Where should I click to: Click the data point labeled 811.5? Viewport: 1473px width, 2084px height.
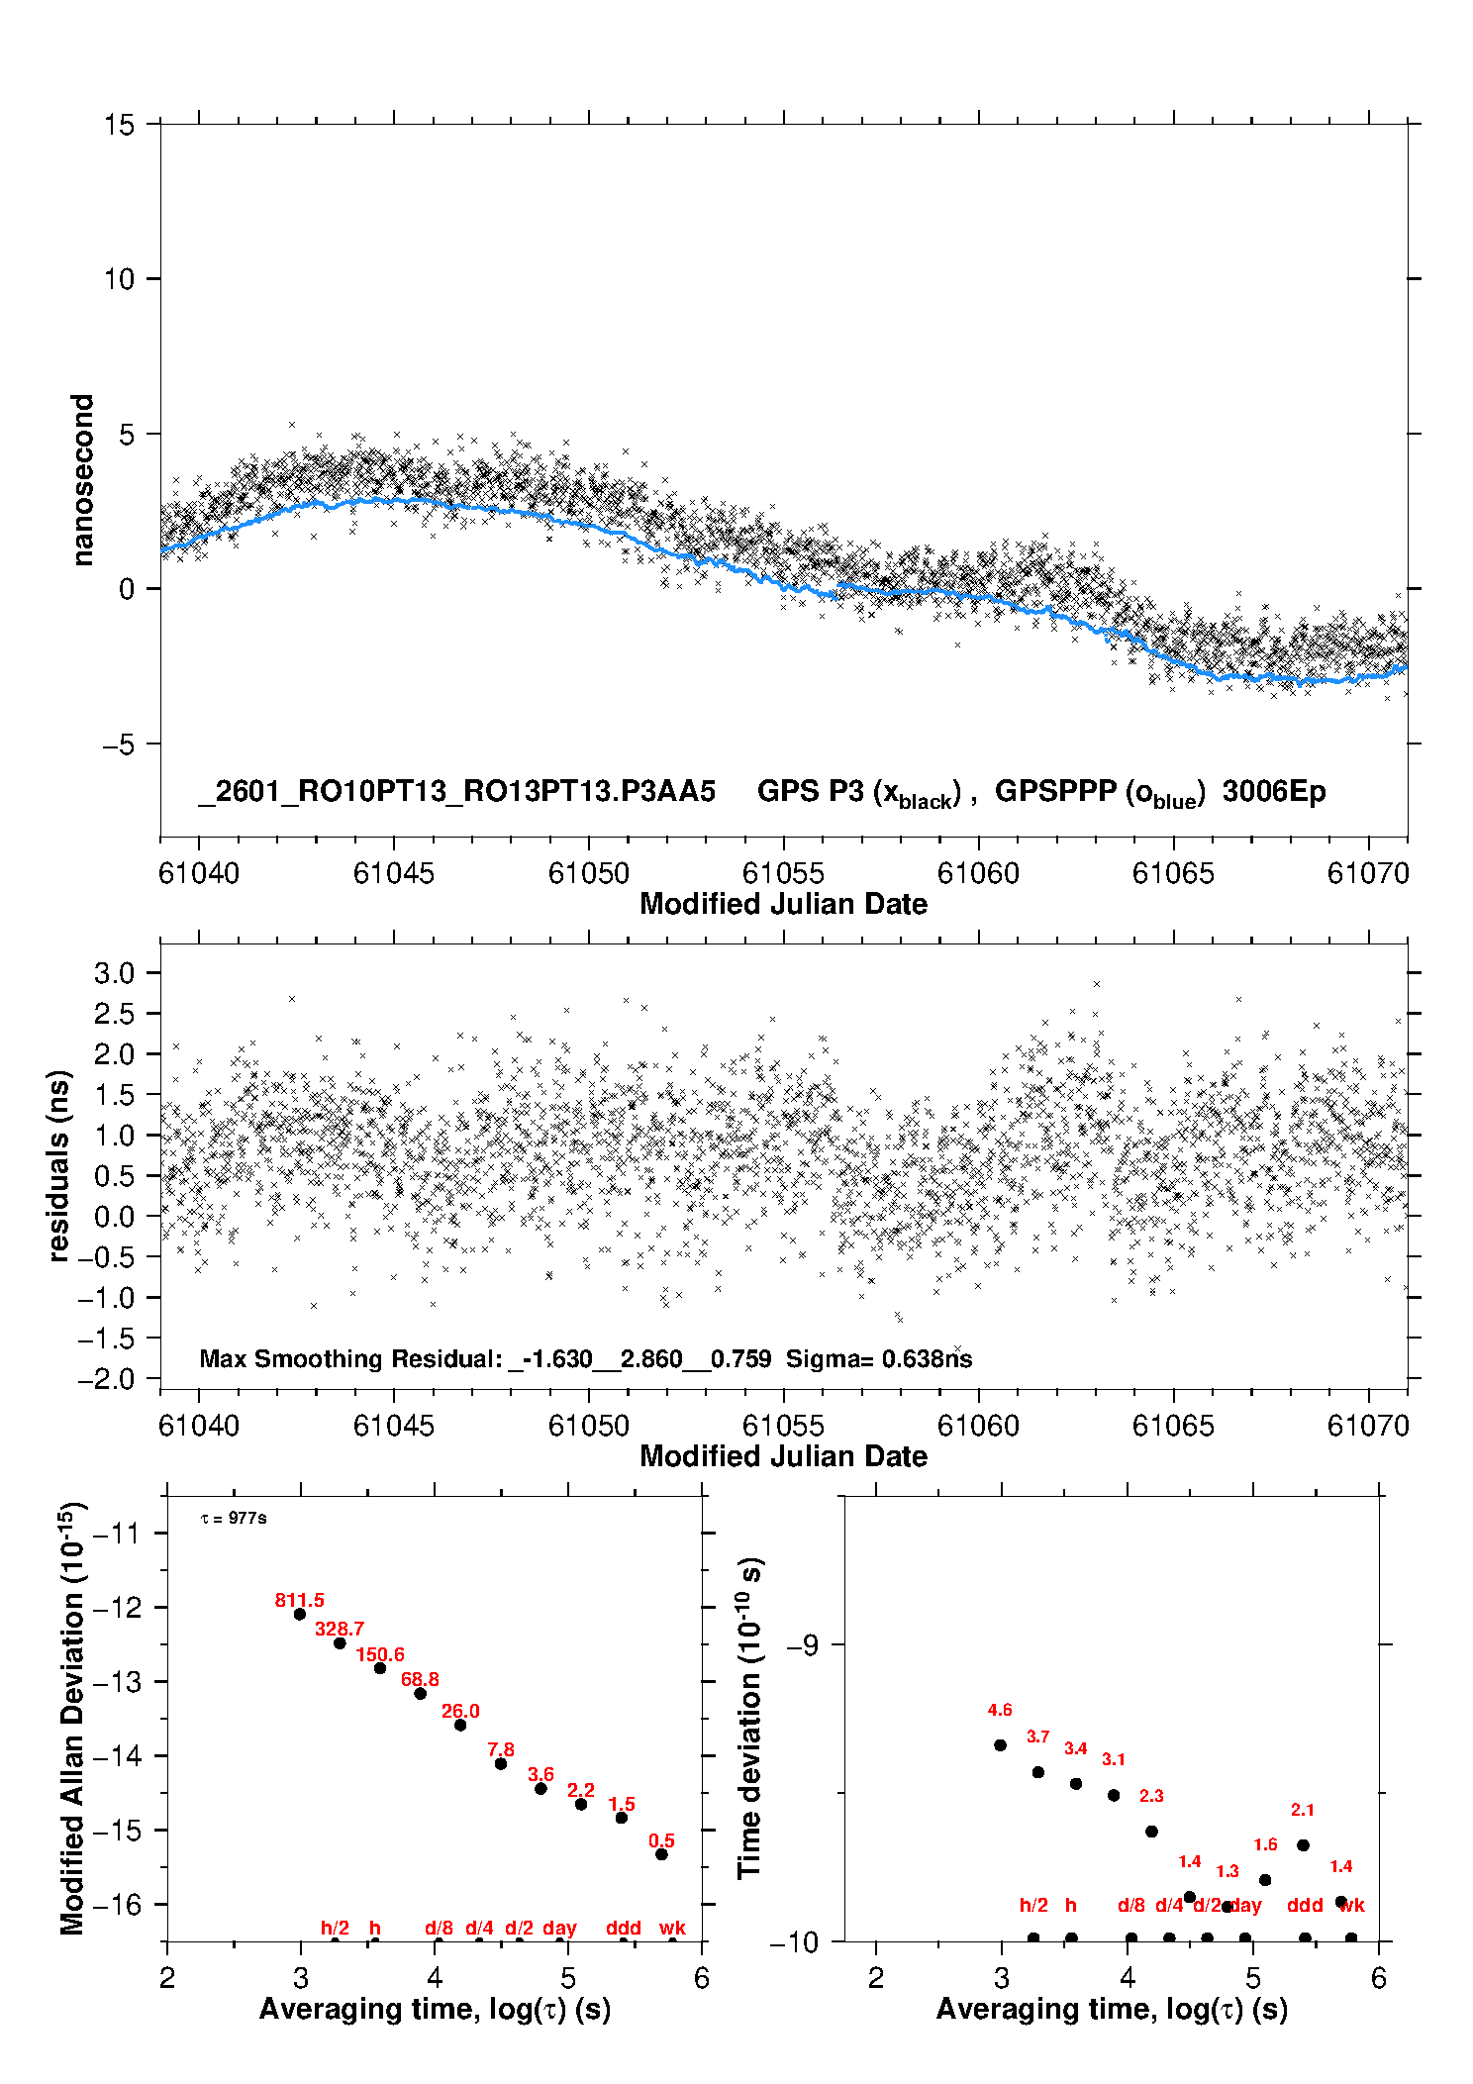(300, 1614)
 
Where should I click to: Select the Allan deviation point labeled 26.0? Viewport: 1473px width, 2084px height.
(460, 1725)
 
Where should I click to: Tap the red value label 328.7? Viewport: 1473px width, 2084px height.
(340, 1629)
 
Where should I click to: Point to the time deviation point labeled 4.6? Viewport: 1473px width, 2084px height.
(1000, 1744)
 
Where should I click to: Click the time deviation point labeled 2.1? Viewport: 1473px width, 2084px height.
(1303, 1844)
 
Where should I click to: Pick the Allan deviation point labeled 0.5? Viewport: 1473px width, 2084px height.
(661, 1854)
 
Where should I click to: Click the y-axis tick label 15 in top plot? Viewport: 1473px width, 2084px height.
(119, 125)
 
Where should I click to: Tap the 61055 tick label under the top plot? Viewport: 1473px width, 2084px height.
(783, 873)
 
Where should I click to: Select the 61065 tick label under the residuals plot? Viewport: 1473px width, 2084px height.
(1173, 1426)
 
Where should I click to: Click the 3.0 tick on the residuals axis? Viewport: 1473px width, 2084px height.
(115, 973)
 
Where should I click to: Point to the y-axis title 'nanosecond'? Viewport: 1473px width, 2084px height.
(83, 480)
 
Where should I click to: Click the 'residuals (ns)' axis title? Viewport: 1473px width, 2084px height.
(59, 1165)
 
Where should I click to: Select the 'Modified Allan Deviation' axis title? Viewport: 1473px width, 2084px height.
(72, 1718)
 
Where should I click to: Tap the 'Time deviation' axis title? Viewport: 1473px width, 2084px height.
(749, 1718)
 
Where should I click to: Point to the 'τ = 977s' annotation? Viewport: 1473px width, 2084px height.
(234, 1519)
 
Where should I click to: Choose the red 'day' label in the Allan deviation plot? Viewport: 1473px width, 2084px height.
(559, 1928)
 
